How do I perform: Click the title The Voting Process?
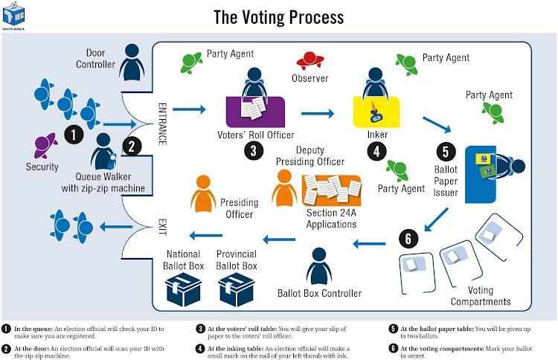tap(278, 16)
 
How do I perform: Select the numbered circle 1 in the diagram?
tap(73, 135)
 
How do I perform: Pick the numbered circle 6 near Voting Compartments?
tap(407, 239)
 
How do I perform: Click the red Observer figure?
tap(310, 60)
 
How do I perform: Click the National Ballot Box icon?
tap(184, 288)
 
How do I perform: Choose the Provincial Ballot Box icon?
tap(237, 288)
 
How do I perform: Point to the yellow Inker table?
tap(376, 112)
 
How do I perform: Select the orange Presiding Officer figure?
tap(205, 191)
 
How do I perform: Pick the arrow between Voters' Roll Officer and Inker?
tap(318, 115)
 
